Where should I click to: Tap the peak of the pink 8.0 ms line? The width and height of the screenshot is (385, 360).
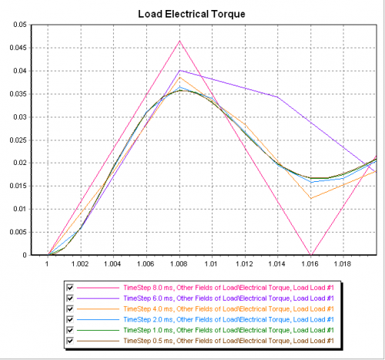tap(180, 41)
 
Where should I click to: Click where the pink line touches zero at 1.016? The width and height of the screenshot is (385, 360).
tap(311, 254)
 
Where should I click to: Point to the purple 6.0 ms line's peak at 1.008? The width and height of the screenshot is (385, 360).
tap(180, 70)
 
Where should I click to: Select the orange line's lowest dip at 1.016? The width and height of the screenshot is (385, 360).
tap(311, 198)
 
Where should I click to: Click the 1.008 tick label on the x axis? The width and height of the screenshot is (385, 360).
tap(180, 263)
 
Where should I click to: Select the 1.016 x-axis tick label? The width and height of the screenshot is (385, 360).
tap(311, 263)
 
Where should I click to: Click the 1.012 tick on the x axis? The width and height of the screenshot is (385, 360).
tap(246, 263)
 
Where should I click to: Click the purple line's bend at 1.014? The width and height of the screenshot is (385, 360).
tap(278, 97)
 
